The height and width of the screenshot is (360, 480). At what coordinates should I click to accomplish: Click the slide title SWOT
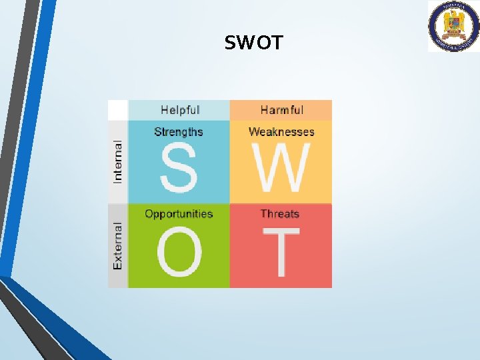(x=253, y=43)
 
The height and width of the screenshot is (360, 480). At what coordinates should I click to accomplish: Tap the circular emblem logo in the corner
(x=453, y=26)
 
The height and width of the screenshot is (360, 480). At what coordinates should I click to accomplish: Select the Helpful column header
(x=180, y=110)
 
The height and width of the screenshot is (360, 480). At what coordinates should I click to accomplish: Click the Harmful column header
(x=281, y=110)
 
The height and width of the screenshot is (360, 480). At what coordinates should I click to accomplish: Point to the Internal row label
(x=118, y=161)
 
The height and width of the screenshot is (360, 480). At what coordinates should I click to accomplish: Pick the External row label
(x=118, y=246)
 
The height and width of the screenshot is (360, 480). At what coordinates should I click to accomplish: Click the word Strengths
(x=179, y=132)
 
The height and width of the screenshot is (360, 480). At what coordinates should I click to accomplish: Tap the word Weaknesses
(x=281, y=132)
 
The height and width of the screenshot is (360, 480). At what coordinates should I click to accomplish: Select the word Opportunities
(x=179, y=214)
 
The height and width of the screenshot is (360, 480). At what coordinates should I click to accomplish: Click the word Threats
(x=280, y=214)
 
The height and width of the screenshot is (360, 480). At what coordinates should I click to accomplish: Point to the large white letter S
(x=178, y=167)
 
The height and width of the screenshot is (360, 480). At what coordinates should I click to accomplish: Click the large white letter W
(x=281, y=167)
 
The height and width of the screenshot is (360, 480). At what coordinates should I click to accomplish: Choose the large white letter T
(x=281, y=252)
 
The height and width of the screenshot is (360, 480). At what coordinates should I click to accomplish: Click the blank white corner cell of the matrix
(x=118, y=110)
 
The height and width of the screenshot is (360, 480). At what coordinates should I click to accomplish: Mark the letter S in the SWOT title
(x=231, y=43)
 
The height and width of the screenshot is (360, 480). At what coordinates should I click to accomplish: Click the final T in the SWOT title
(x=276, y=43)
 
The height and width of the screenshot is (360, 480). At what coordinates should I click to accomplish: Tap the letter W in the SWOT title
(x=245, y=43)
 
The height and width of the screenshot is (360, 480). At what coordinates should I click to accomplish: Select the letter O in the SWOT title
(x=262, y=43)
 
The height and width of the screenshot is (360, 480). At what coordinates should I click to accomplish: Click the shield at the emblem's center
(x=453, y=25)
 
